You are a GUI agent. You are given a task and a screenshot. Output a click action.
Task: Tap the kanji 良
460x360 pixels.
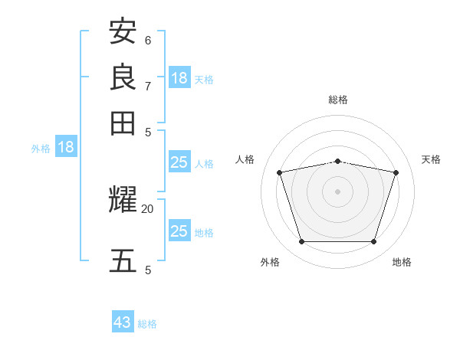pos(123,77)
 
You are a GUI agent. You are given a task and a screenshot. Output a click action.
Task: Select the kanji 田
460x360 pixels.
pos(123,123)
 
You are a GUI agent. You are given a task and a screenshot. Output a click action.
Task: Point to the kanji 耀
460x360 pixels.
pos(123,201)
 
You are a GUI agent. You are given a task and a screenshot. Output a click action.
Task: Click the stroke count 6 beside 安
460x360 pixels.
pos(148,40)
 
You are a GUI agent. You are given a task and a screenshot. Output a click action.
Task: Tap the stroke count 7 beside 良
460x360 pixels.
pos(148,86)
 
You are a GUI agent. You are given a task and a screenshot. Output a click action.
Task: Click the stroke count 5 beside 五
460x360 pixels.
pos(148,270)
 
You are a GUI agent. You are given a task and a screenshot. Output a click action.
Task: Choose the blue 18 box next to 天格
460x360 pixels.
pos(179,77)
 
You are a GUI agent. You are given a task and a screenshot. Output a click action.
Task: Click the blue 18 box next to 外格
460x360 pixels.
pos(66,147)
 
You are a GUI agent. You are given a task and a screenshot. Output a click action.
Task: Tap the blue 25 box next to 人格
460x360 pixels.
pos(179,162)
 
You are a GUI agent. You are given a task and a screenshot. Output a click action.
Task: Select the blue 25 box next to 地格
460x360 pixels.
pos(179,231)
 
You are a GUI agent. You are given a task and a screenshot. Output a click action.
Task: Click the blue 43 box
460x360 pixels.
pos(123,322)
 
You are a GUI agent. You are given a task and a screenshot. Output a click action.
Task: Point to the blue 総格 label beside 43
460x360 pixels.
pos(148,324)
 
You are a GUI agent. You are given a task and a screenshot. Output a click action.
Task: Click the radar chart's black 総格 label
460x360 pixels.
pos(338,100)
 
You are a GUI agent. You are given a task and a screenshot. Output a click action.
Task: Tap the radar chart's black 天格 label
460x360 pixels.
pos(431,159)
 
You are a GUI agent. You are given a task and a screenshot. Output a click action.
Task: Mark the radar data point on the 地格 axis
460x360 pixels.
pos(373,242)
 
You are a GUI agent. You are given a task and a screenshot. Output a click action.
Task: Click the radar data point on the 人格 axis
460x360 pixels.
pos(280,173)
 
